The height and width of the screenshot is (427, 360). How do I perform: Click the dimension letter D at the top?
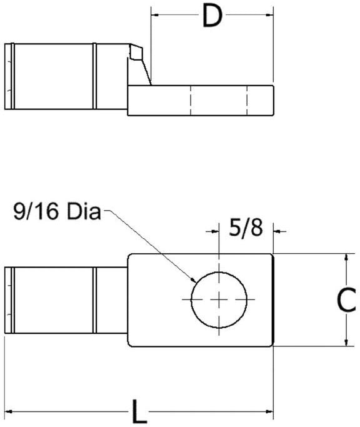tap(212, 17)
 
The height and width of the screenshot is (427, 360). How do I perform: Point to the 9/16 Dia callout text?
tap(57, 213)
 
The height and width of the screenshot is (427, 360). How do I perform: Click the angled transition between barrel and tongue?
tap(143, 66)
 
